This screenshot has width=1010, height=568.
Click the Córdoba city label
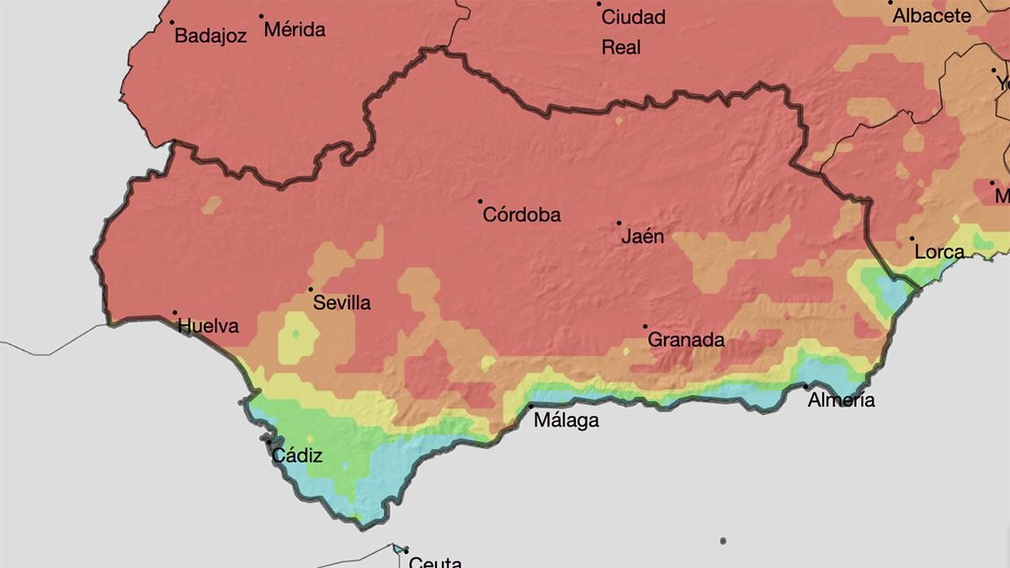(522, 215)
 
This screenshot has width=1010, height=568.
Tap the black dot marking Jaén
(619, 223)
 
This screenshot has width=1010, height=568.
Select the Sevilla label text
(342, 303)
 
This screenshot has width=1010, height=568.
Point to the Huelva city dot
(175, 313)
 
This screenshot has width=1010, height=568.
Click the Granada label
(686, 340)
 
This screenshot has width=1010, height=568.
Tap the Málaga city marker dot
(531, 406)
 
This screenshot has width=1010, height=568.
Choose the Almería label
(841, 401)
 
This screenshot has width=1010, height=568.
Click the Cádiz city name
(296, 457)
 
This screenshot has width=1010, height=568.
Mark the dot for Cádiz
(269, 442)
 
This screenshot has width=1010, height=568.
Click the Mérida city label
(295, 30)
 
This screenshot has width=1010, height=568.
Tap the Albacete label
(932, 16)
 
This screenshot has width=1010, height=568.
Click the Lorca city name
(939, 252)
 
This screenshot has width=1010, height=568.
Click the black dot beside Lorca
(912, 238)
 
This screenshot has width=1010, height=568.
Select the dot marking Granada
(646, 326)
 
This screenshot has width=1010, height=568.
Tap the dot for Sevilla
(311, 289)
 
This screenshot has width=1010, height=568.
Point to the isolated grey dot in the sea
(722, 541)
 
